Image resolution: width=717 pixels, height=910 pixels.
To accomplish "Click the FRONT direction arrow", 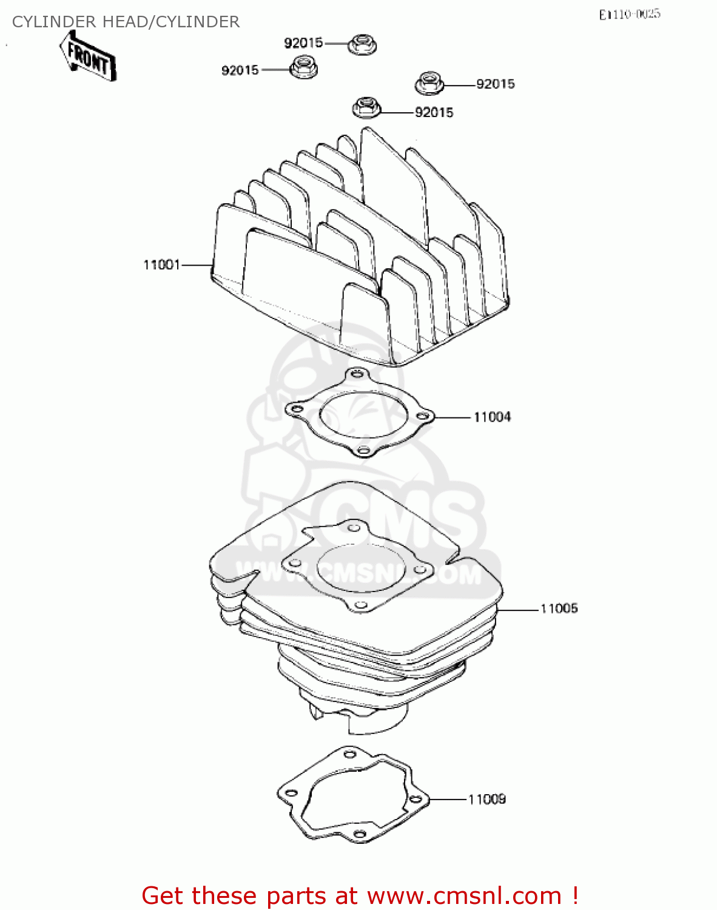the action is (x=88, y=56).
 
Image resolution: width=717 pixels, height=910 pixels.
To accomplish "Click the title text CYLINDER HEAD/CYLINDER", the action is (x=126, y=22).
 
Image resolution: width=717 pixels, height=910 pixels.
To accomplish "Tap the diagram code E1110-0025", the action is (x=629, y=14).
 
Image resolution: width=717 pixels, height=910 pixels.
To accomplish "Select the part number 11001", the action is (x=161, y=265).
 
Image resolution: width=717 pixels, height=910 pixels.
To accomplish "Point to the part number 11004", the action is (x=492, y=417).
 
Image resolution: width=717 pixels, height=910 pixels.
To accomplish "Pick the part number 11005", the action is (x=559, y=608).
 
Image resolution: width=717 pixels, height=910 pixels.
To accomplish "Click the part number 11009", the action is (x=487, y=799).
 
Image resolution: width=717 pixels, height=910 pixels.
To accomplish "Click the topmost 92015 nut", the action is (x=363, y=44).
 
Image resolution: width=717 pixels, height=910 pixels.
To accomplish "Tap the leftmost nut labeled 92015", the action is (x=303, y=67).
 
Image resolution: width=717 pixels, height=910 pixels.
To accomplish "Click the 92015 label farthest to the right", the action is (x=496, y=84).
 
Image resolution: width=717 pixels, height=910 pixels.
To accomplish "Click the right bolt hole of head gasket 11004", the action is (x=422, y=416).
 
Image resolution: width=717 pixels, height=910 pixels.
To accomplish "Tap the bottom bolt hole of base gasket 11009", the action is (x=358, y=834).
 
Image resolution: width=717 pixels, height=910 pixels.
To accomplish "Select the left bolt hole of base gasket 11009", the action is (x=289, y=793).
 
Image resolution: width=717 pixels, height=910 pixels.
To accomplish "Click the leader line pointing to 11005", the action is (x=517, y=608).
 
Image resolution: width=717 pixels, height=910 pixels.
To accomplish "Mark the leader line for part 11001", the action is (x=197, y=265).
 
